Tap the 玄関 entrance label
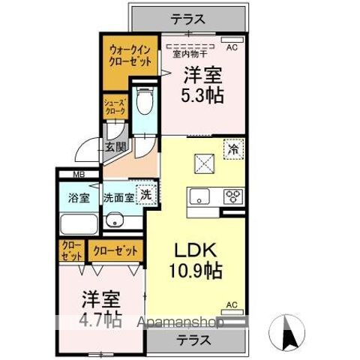tap(115, 147)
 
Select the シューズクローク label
tap(114, 107)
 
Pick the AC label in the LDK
tap(231, 304)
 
